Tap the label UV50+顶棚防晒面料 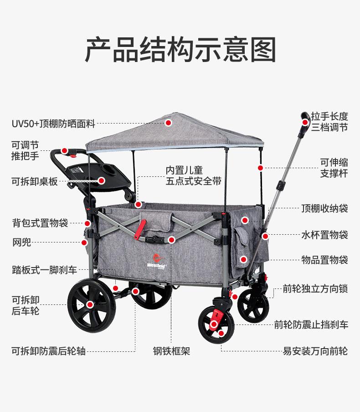click(x=53, y=124)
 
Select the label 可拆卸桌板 click(x=35, y=181)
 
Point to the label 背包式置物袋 click(x=40, y=223)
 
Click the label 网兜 click(x=21, y=242)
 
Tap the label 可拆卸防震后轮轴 click(x=48, y=351)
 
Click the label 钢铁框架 click(x=171, y=351)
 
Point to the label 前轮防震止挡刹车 click(x=311, y=324)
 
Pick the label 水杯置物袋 click(x=324, y=235)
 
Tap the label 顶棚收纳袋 click(x=324, y=208)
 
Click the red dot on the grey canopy click(x=168, y=123)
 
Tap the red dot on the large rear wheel click(x=90, y=304)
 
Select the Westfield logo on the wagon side click(x=156, y=261)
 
